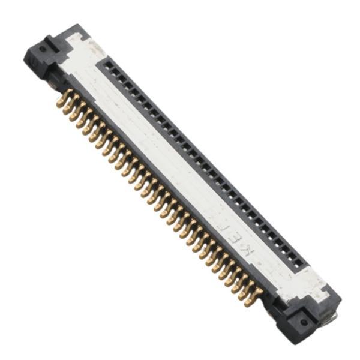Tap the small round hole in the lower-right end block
[304, 322]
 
